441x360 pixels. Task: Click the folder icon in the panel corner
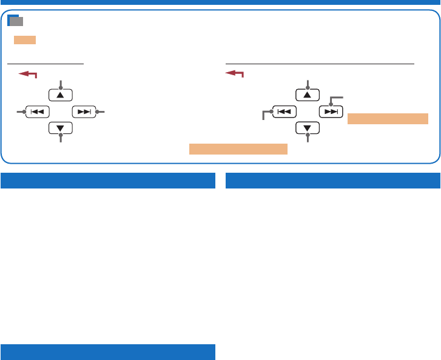tap(16, 21)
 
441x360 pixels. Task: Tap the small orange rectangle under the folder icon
tap(25, 40)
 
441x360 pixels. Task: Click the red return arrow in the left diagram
tap(28, 74)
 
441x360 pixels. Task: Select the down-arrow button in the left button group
tap(60, 128)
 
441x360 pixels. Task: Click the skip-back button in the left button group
tap(37, 112)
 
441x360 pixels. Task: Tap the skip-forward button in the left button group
tap(83, 112)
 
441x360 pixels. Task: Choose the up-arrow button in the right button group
tap(307, 95)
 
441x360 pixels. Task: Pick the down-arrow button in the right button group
tap(307, 128)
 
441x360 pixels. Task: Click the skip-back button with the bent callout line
tap(284, 112)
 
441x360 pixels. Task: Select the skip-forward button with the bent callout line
tap(331, 112)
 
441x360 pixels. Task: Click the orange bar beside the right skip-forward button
tap(388, 118)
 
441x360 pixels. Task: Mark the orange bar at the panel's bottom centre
tap(238, 148)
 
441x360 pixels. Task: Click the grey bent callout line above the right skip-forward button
tap(335, 98)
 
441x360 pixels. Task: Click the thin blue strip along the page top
tap(220, 2)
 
